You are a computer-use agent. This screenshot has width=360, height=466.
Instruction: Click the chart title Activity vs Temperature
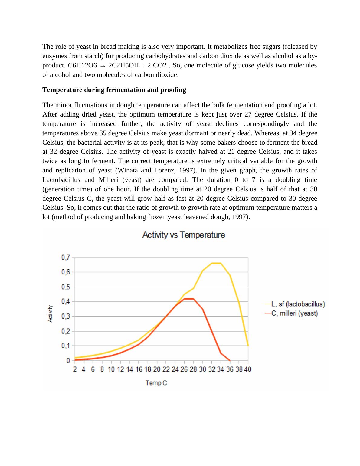pyautogui.click(x=183, y=235)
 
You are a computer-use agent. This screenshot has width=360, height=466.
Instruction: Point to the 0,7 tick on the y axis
pyautogui.click(x=66, y=258)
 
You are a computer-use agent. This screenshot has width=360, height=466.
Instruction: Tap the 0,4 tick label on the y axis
pyautogui.click(x=66, y=301)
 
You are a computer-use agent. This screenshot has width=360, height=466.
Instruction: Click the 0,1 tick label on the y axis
pyautogui.click(x=66, y=346)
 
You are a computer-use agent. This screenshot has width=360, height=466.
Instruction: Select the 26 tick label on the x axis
pyautogui.click(x=184, y=369)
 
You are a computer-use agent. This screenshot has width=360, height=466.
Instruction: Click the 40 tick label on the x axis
pyautogui.click(x=248, y=369)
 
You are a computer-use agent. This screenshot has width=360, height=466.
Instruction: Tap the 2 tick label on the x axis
pyautogui.click(x=75, y=369)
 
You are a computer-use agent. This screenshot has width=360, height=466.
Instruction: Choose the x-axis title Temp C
pyautogui.click(x=156, y=383)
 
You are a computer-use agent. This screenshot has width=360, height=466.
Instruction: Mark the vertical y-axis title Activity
pyautogui.click(x=51, y=313)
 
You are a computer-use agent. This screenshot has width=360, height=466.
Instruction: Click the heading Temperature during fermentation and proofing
pyautogui.click(x=114, y=90)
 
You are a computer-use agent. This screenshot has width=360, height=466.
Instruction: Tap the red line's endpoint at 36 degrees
pyautogui.click(x=230, y=360)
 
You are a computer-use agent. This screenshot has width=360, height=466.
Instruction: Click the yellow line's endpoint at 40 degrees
pyautogui.click(x=248, y=345)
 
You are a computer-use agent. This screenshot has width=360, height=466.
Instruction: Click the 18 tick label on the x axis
pyautogui.click(x=148, y=369)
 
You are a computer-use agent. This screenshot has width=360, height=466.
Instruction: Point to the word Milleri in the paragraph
pyautogui.click(x=109, y=180)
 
